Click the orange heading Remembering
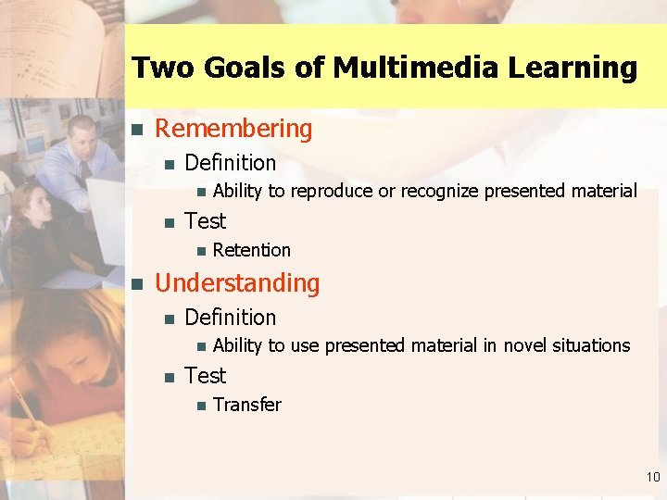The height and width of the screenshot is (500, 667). [x=233, y=129]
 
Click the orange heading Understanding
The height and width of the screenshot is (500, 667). [x=237, y=283]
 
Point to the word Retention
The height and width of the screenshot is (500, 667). [x=252, y=250]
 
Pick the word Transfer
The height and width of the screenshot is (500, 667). [x=247, y=405]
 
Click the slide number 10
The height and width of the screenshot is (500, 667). [x=653, y=478]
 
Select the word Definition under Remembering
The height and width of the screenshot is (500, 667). [x=231, y=163]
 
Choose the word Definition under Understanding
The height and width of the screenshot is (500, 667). [x=231, y=318]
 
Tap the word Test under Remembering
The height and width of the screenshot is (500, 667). [x=206, y=221]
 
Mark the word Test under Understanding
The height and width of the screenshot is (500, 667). [x=206, y=376]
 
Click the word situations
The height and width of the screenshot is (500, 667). [x=592, y=345]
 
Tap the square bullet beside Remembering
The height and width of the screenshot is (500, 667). [x=136, y=130]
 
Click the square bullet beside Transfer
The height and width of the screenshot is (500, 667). [x=199, y=406]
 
